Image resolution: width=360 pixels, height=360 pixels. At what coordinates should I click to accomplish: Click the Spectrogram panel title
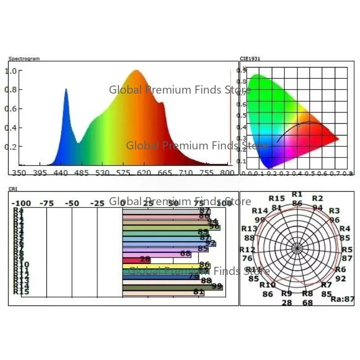pyautogui.click(x=24, y=58)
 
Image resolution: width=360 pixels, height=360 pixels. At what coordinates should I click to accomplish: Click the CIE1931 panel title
pyautogui.click(x=250, y=58)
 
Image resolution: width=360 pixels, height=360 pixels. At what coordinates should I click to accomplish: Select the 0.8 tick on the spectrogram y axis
pyautogui.click(x=11, y=90)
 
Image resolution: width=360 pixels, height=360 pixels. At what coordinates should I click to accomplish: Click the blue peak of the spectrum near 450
pyautogui.click(x=66, y=90)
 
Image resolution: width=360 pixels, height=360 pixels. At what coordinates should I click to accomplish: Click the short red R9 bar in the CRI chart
pyautogui.click(x=136, y=260)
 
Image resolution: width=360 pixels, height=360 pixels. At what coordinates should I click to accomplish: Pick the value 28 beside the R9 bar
pyautogui.click(x=145, y=260)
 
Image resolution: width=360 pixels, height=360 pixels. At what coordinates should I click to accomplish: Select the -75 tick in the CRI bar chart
pyautogui.click(x=46, y=203)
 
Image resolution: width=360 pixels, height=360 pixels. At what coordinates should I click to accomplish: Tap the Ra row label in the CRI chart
pyautogui.click(x=18, y=210)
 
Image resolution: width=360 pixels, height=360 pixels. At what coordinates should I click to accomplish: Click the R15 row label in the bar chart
pyautogui.click(x=21, y=292)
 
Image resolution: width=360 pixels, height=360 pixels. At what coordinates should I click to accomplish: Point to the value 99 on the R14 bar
pyautogui.click(x=217, y=286)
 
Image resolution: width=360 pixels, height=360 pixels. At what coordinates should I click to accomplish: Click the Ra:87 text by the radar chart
pyautogui.click(x=342, y=298)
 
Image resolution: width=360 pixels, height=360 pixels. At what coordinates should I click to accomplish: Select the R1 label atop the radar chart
pyautogui.click(x=297, y=194)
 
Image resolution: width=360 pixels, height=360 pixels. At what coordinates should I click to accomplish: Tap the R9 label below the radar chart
pyautogui.click(x=287, y=294)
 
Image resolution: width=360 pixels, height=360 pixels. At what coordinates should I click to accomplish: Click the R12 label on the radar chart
pyautogui.click(x=247, y=250)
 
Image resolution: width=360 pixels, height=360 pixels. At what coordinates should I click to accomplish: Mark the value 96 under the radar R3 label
pyautogui.click(x=334, y=220)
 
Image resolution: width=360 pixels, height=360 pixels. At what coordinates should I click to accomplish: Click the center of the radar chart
pyautogui.click(x=297, y=248)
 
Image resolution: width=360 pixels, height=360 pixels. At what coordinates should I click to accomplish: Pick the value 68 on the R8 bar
pyautogui.click(x=185, y=254)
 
